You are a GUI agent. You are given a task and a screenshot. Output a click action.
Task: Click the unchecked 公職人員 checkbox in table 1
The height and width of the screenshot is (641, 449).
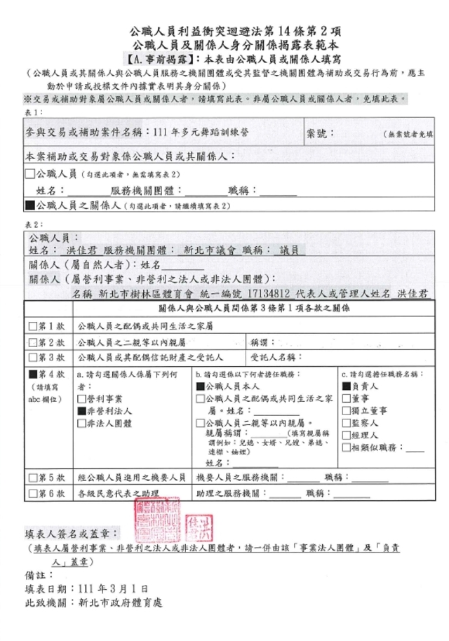(29, 173)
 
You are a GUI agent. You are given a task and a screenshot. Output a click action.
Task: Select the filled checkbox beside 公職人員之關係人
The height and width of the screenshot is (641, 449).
(29, 207)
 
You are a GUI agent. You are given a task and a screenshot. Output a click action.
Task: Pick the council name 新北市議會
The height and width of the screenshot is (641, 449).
(209, 250)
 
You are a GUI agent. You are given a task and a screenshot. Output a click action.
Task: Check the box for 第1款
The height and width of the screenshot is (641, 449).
(32, 326)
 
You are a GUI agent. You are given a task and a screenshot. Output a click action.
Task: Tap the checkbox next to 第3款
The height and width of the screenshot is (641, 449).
(32, 358)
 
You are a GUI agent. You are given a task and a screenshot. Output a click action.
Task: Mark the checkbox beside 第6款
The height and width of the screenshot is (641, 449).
(32, 494)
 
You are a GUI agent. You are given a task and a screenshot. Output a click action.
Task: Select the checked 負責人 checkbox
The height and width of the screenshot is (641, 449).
(345, 386)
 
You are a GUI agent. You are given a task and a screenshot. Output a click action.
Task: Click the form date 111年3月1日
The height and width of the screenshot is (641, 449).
(112, 587)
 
